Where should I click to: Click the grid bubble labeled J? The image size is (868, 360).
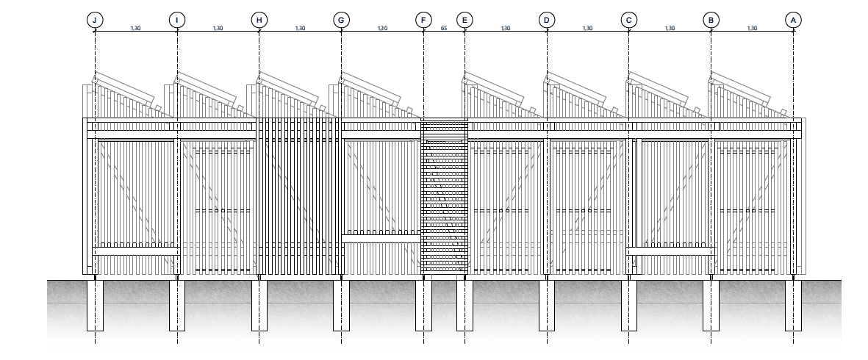(x=95, y=20)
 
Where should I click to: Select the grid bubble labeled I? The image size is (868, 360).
(x=177, y=20)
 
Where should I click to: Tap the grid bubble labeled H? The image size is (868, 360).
(x=259, y=20)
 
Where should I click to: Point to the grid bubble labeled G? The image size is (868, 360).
(x=341, y=20)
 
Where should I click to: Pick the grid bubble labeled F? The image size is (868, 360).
(x=423, y=20)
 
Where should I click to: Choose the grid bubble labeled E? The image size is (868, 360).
(x=464, y=20)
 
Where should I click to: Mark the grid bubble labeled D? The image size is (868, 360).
(x=546, y=20)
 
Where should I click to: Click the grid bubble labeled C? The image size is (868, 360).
(x=628, y=20)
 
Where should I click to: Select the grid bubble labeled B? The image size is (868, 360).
(x=711, y=20)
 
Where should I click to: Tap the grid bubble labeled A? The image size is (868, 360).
(x=793, y=20)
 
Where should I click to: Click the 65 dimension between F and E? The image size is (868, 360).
(x=444, y=28)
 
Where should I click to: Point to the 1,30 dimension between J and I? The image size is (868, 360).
(x=135, y=28)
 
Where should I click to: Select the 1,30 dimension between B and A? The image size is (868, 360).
(x=752, y=28)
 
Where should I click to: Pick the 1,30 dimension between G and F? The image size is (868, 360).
(x=382, y=28)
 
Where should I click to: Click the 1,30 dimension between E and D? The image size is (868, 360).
(x=505, y=28)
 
